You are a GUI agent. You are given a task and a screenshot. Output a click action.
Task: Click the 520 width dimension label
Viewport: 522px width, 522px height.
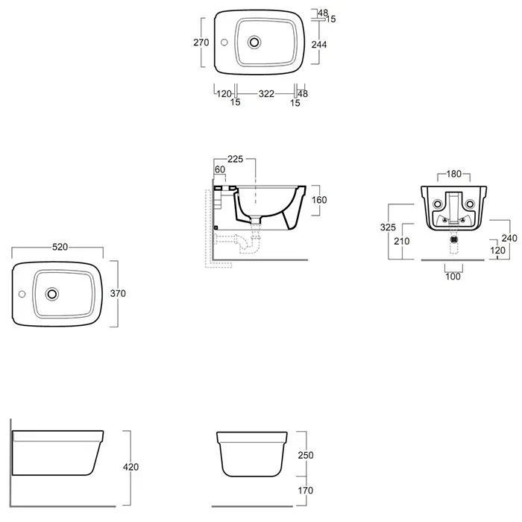[60, 247]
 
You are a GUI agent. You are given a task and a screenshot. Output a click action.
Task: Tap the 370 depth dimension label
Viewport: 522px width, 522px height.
[118, 293]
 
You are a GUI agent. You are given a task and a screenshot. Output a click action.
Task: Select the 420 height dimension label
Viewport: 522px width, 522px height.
[130, 467]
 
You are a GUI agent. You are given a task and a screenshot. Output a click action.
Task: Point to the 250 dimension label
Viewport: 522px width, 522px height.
[306, 455]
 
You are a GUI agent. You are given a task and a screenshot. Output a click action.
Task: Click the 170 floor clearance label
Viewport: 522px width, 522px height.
[306, 491]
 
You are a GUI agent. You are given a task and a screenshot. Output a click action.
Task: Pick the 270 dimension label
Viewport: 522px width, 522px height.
[201, 43]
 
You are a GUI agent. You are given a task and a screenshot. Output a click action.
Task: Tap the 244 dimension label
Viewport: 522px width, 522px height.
[319, 44]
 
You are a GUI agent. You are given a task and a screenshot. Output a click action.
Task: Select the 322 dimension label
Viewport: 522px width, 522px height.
[266, 94]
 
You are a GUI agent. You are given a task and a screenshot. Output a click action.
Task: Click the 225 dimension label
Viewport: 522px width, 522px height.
[236, 159]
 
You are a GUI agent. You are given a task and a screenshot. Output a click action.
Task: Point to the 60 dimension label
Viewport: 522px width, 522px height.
[220, 169]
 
